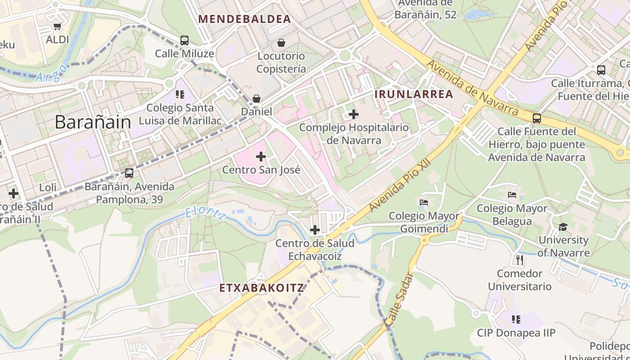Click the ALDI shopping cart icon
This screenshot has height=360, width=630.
[57, 27]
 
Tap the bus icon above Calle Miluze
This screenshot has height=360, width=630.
[184, 40]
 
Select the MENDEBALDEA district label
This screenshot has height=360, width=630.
[245, 19]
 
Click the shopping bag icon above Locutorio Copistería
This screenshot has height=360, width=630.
[281, 43]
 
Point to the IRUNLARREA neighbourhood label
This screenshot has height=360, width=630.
[414, 94]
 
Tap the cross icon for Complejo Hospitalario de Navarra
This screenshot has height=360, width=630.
[354, 114]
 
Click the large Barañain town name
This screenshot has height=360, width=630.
[93, 122]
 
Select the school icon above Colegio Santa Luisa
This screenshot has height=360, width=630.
[180, 94]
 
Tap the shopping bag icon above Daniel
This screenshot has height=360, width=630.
[256, 98]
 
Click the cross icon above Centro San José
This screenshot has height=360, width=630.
[261, 157]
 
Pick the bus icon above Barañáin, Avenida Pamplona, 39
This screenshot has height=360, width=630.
[129, 173]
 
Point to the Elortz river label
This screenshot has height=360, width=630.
[205, 213]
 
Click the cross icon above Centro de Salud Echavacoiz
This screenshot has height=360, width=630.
[315, 230]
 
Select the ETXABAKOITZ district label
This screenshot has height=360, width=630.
[262, 288]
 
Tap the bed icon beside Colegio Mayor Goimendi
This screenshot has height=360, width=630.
[423, 202]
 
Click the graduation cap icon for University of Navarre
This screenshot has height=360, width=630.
[563, 227]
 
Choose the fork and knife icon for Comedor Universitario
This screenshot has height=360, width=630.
[520, 260]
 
